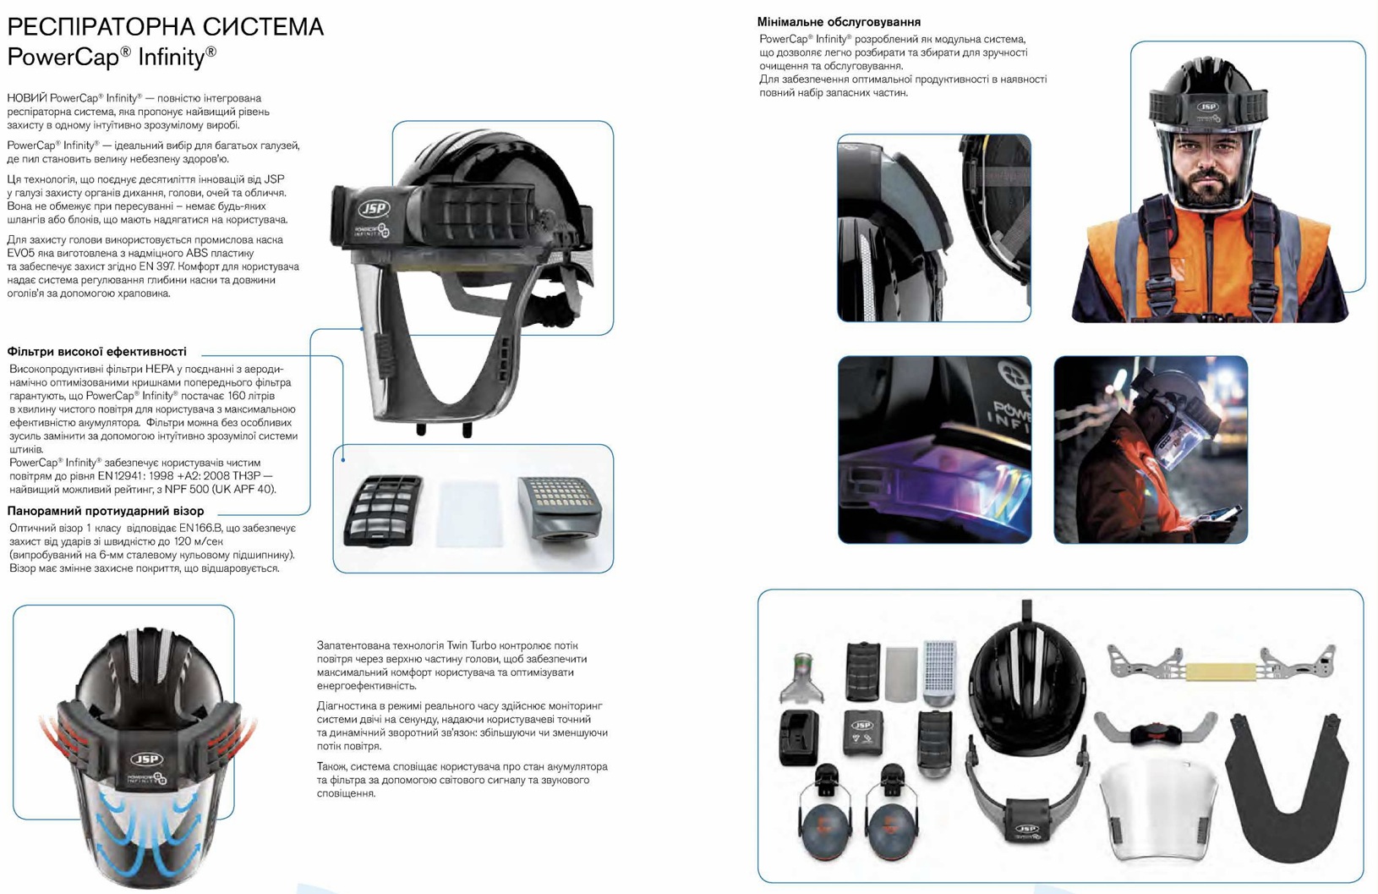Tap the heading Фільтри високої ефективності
(x=96, y=351)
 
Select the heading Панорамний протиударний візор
(x=105, y=511)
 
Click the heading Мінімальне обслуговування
(x=839, y=22)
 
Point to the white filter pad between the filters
(x=469, y=513)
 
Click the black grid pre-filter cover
(x=383, y=510)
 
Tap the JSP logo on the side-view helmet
(x=374, y=209)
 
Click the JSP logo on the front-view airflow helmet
(x=146, y=759)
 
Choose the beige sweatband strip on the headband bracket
(x=1221, y=672)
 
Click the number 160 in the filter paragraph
(x=237, y=396)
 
